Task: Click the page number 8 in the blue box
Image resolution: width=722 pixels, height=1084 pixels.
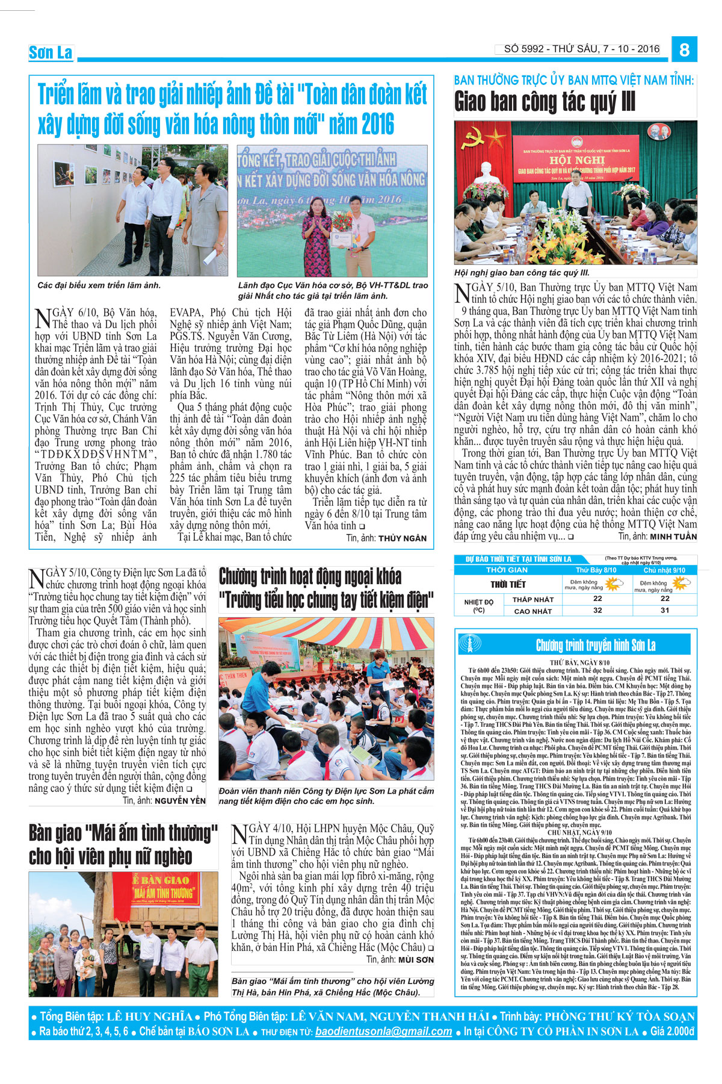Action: pyautogui.click(x=683, y=49)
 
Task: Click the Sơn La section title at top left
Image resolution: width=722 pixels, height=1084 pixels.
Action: pyautogui.click(x=51, y=53)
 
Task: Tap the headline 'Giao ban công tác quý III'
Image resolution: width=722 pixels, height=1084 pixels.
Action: pyautogui.click(x=545, y=102)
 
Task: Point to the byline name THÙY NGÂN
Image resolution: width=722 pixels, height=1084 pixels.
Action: pyautogui.click(x=403, y=538)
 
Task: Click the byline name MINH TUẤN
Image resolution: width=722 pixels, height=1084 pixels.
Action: pyautogui.click(x=673, y=537)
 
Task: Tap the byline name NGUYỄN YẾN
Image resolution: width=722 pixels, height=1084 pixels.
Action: pyautogui.click(x=180, y=801)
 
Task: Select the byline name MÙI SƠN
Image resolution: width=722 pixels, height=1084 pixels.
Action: pyautogui.click(x=416, y=959)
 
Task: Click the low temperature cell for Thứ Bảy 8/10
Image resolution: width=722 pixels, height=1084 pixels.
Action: pyautogui.click(x=597, y=599)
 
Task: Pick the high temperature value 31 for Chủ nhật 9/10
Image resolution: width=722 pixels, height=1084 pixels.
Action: pyautogui.click(x=664, y=610)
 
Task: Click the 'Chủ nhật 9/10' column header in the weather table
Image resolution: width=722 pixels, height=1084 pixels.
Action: pyautogui.click(x=664, y=570)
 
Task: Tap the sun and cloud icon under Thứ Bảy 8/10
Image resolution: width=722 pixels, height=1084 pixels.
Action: pyautogui.click(x=614, y=584)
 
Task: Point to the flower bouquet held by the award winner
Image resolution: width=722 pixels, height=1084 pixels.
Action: pyautogui.click(x=342, y=221)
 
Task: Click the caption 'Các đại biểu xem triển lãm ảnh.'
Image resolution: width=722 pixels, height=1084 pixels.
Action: pyautogui.click(x=99, y=285)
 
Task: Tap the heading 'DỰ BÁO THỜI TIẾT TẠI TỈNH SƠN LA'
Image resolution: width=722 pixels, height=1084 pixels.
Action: pyautogui.click(x=518, y=559)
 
